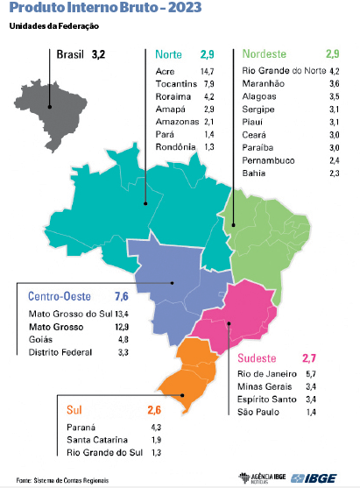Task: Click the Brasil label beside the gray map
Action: pos(70,54)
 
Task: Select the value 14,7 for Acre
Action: pos(208,70)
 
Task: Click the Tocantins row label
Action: pos(174,83)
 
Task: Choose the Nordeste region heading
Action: pos(268,54)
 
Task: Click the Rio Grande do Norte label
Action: pos(283,70)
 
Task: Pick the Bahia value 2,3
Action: pos(334,174)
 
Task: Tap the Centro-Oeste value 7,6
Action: pos(121,296)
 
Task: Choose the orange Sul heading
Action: pos(74,410)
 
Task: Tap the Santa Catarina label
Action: pos(96,439)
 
